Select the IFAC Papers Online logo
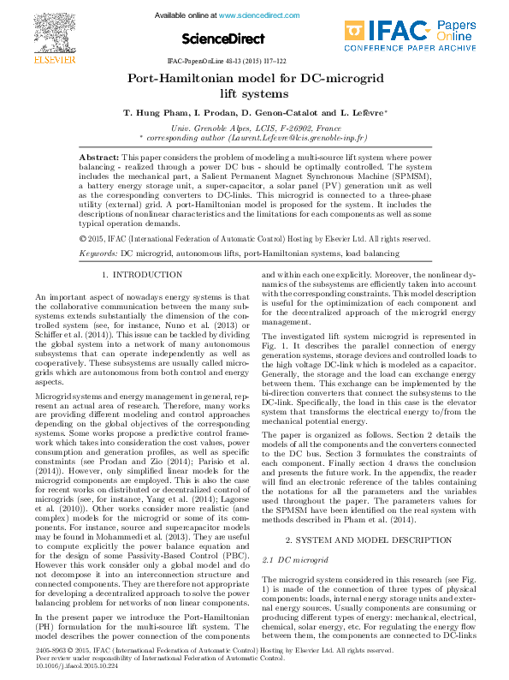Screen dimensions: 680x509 (412, 33)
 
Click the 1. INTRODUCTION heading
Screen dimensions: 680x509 (142, 274)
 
